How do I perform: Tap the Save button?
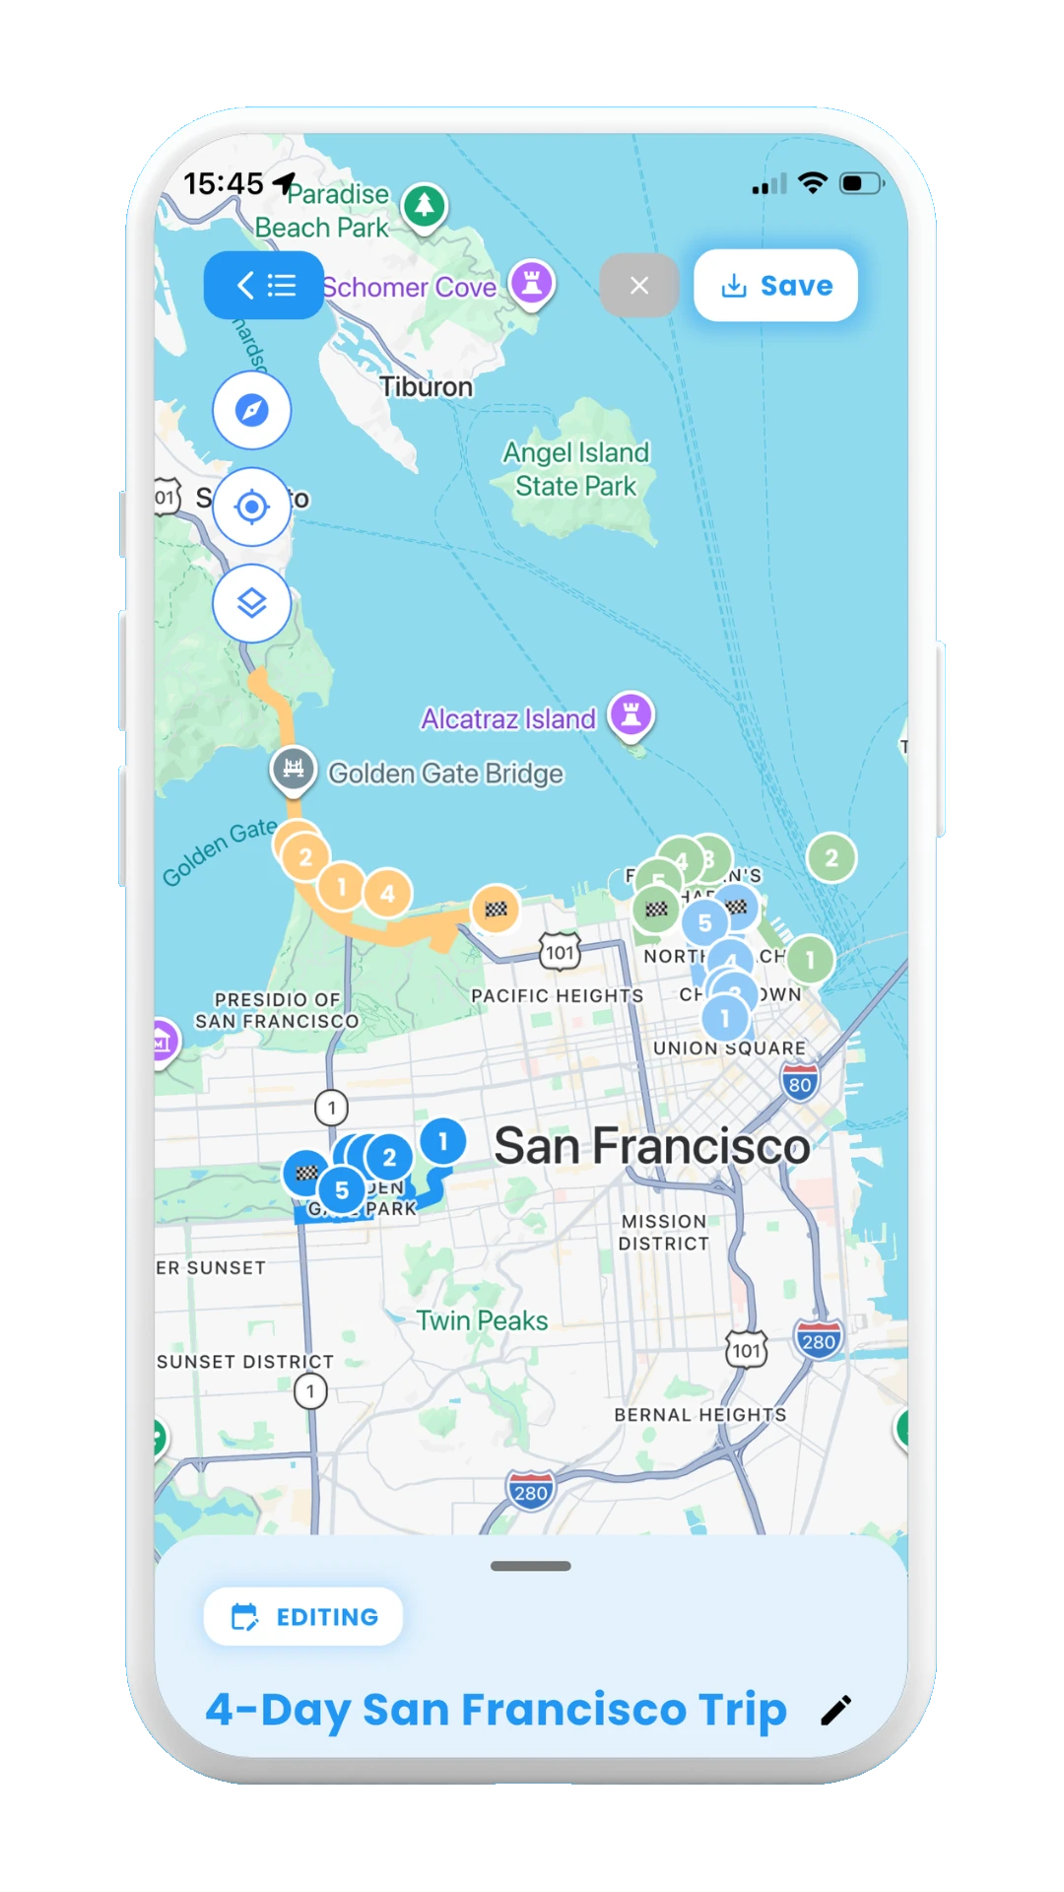[775, 286]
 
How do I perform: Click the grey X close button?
[639, 286]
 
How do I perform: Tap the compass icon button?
[252, 410]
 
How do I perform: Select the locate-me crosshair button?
[252, 507]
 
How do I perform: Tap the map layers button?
[252, 603]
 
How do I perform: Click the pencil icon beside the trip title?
[835, 1711]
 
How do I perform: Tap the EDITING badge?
[303, 1616]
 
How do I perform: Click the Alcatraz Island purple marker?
[632, 713]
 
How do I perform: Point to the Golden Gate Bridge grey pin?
[294, 769]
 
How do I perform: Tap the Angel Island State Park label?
[576, 469]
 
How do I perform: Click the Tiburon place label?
[427, 387]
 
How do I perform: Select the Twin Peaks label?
[482, 1320]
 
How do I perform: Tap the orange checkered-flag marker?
[496, 909]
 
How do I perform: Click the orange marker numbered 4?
[388, 893]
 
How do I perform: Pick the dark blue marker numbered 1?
[443, 1141]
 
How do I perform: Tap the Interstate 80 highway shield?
[800, 1083]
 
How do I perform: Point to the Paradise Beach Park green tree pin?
[425, 206]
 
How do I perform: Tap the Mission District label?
[664, 1233]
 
